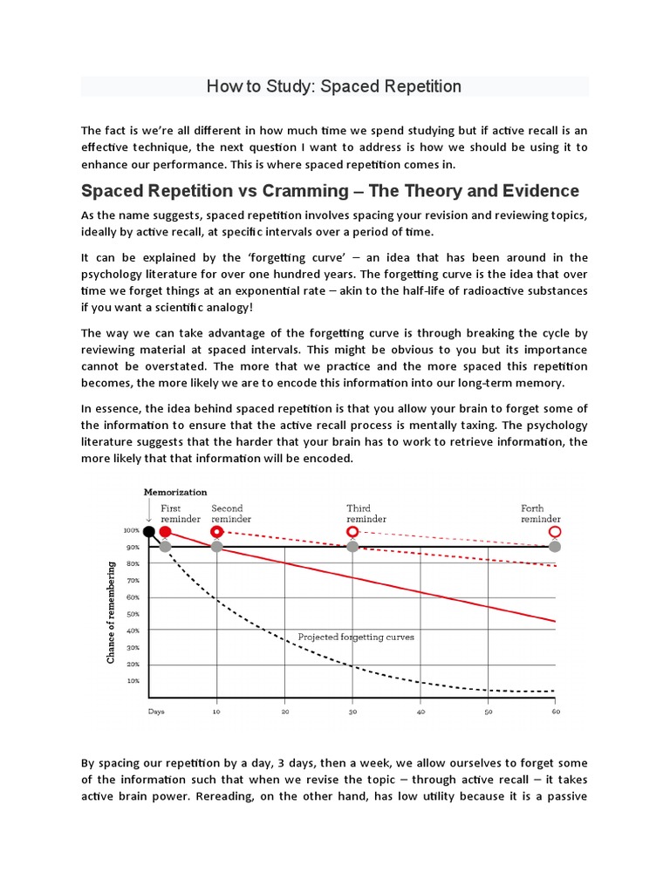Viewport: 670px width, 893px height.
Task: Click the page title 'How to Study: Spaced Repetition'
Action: (334, 86)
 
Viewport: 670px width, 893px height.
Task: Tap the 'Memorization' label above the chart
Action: (177, 492)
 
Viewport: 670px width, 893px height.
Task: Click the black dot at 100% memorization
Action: (149, 531)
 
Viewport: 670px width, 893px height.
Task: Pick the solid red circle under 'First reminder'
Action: (165, 531)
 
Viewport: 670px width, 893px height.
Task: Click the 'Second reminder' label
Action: (228, 514)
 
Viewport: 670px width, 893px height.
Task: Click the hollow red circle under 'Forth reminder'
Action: (554, 531)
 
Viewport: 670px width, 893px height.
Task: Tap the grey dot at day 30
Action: (352, 547)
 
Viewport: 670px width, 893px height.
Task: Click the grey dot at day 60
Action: (554, 547)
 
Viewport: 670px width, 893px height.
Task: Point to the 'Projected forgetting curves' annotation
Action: (356, 637)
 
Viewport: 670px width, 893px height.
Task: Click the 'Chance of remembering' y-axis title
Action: (111, 612)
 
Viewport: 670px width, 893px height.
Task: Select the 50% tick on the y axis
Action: (133, 614)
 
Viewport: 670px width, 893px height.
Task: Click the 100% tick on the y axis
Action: (132, 530)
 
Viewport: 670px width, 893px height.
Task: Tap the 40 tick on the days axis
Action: (420, 712)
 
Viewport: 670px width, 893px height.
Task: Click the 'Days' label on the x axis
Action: (156, 712)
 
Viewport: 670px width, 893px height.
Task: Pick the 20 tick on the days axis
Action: (284, 712)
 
